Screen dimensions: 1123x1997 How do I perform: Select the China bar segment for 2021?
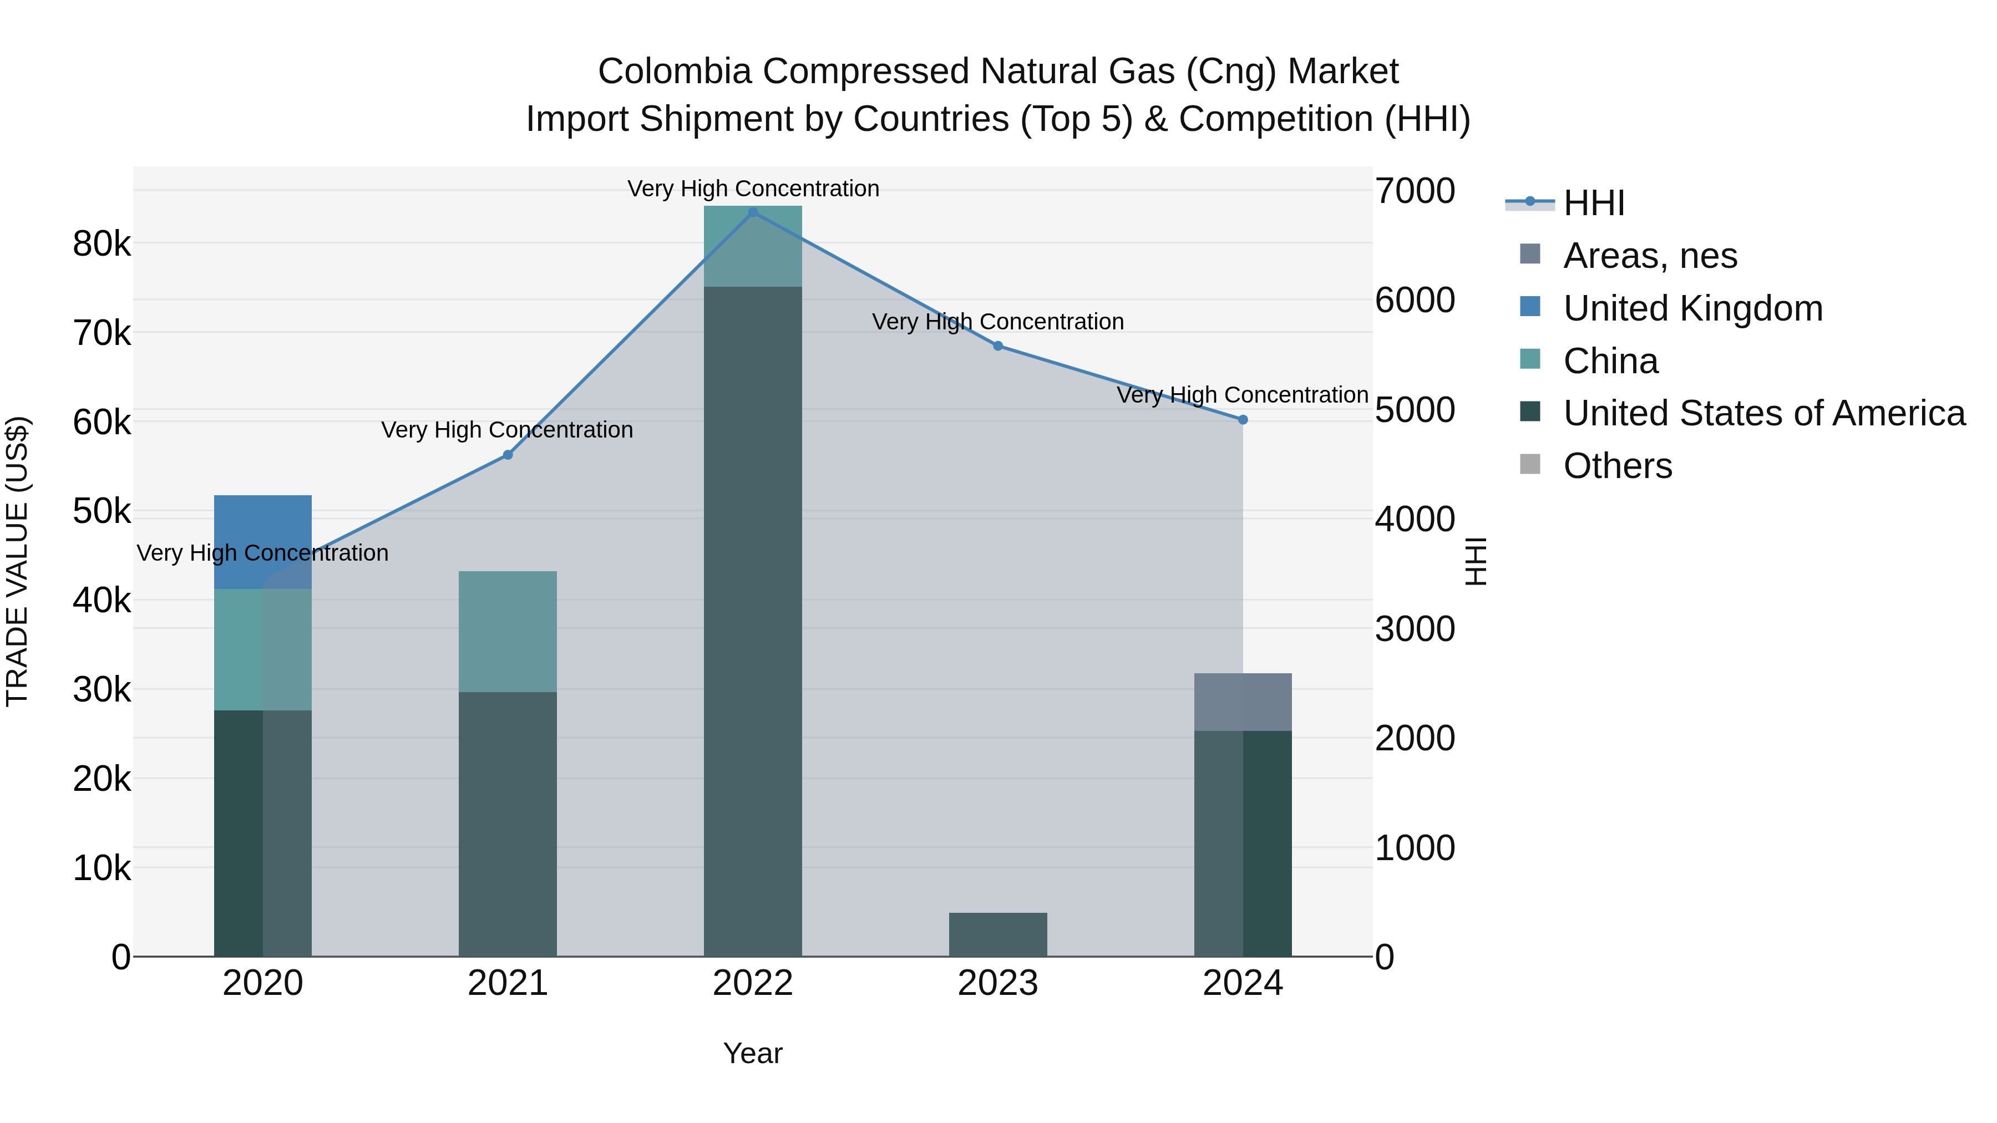click(x=508, y=631)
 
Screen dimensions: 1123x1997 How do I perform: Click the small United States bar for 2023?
click(x=998, y=934)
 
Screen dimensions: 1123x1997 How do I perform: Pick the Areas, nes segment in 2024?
click(x=1243, y=702)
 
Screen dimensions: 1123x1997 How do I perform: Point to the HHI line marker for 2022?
click(x=753, y=212)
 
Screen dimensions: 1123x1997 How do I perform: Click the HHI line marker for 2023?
click(x=998, y=345)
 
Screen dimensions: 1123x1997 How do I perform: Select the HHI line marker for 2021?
click(x=508, y=455)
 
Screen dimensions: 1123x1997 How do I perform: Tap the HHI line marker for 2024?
click(x=1243, y=419)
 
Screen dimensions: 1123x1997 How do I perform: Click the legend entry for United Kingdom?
click(x=1692, y=308)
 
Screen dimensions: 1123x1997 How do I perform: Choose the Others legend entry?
click(x=1617, y=466)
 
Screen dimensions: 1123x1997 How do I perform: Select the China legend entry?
click(x=1610, y=361)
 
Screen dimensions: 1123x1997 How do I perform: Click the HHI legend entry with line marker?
click(x=1593, y=203)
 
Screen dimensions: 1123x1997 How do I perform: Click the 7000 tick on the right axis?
click(x=1415, y=191)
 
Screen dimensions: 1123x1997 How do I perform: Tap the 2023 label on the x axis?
click(x=998, y=983)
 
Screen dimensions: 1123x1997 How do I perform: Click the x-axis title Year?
click(x=752, y=1053)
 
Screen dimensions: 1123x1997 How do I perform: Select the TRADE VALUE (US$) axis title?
click(x=17, y=561)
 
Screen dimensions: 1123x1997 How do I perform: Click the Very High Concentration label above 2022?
click(x=753, y=189)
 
